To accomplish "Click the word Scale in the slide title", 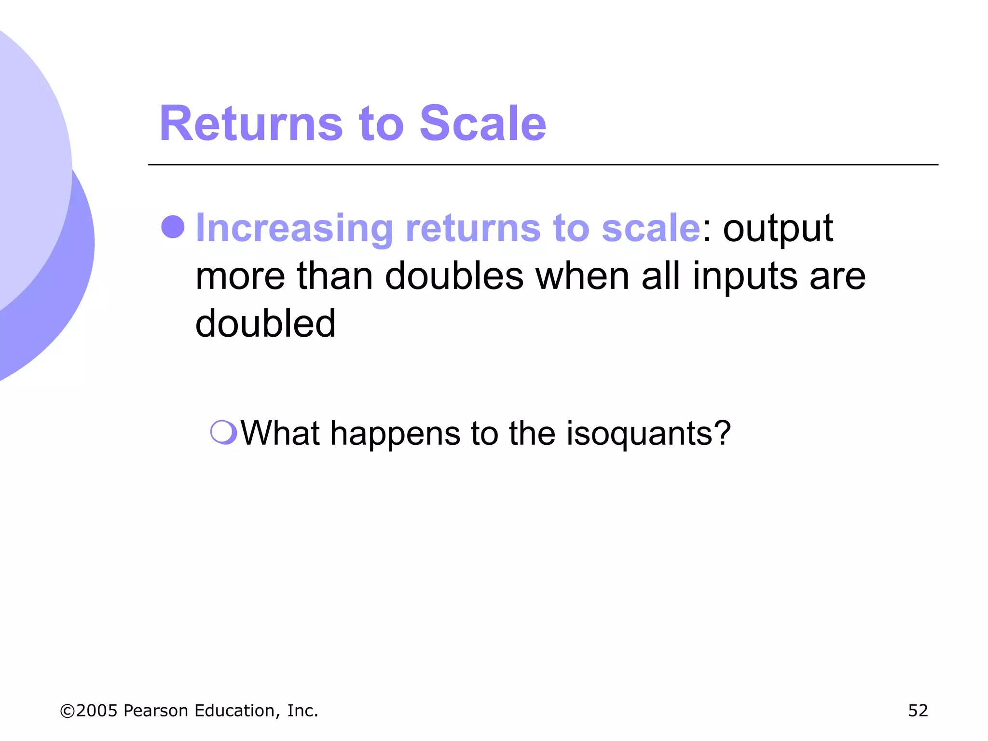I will (483, 124).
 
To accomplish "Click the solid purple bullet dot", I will (173, 227).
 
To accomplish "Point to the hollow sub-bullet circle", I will (223, 432).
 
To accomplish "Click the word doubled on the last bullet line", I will (265, 323).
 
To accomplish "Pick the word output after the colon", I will (778, 228).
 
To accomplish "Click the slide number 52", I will (918, 711).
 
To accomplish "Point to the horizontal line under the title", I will (543, 165).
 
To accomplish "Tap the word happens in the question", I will (395, 434).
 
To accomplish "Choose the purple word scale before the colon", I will (651, 228).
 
